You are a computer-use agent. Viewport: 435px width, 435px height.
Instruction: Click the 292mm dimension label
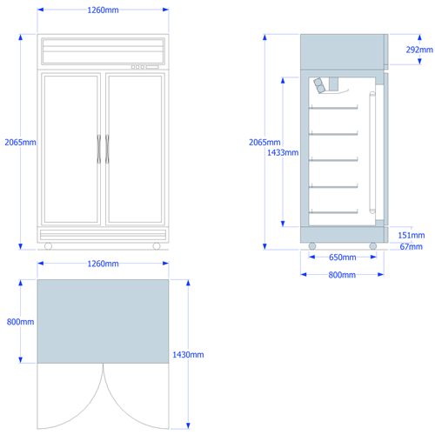(419, 50)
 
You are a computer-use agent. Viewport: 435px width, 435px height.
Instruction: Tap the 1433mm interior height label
(283, 152)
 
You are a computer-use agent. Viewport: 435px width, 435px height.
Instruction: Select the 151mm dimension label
(412, 235)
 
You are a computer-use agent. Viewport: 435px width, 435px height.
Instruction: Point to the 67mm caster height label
(412, 246)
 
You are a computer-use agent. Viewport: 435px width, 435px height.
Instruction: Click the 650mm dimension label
(343, 258)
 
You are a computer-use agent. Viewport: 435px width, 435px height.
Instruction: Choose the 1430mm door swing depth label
(188, 354)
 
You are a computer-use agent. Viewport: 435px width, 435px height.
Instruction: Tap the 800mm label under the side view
(342, 275)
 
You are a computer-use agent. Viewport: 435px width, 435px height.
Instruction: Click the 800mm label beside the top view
(20, 322)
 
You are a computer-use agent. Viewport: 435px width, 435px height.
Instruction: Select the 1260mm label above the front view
(103, 10)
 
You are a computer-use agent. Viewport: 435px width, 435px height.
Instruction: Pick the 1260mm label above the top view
(103, 264)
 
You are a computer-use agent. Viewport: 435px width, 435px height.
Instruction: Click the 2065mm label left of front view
(20, 142)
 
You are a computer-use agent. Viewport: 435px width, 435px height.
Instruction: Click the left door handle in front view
(99, 149)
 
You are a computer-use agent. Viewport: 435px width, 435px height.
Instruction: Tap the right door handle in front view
(107, 149)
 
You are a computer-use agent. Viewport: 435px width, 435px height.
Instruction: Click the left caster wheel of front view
(48, 246)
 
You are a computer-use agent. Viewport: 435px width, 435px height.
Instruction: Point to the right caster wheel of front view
(157, 246)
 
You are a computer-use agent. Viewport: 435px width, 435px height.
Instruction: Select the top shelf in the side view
(333, 108)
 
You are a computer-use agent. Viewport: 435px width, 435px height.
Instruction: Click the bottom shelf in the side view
(333, 212)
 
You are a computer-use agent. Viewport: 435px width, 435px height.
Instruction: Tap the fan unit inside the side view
(319, 85)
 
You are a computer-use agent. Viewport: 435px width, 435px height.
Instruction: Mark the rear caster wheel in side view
(312, 246)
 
